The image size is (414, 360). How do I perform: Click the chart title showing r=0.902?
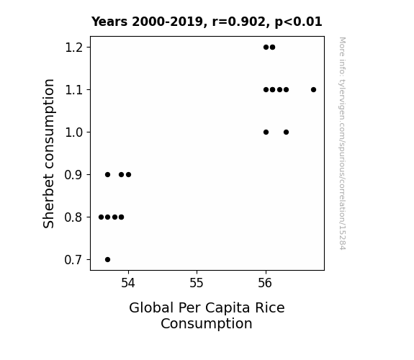click(207, 22)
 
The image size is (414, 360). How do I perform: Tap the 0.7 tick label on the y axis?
click(72, 260)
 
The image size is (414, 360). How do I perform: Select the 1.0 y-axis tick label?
click(72, 132)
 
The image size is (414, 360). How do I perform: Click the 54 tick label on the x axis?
click(128, 283)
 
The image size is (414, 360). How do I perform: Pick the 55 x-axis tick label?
click(197, 283)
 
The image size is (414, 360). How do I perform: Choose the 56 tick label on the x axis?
click(265, 283)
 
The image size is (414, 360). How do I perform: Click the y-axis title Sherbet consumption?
click(48, 153)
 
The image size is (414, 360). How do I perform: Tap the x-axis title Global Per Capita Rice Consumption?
click(207, 315)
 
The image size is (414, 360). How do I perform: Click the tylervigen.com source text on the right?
click(342, 143)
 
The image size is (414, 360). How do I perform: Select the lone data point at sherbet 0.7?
click(107, 260)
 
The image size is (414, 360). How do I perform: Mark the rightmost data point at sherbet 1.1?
click(313, 90)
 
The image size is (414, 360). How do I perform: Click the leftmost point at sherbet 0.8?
click(101, 217)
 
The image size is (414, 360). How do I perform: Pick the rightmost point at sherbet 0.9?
click(128, 174)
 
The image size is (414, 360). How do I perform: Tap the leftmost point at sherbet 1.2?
click(266, 48)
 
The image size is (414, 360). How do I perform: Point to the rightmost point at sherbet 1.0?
click(287, 132)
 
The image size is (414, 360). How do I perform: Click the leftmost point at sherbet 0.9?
click(107, 174)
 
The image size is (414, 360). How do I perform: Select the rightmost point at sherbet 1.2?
click(272, 48)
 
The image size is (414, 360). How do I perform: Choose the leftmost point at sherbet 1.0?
click(266, 132)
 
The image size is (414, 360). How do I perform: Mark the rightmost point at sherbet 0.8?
click(121, 217)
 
